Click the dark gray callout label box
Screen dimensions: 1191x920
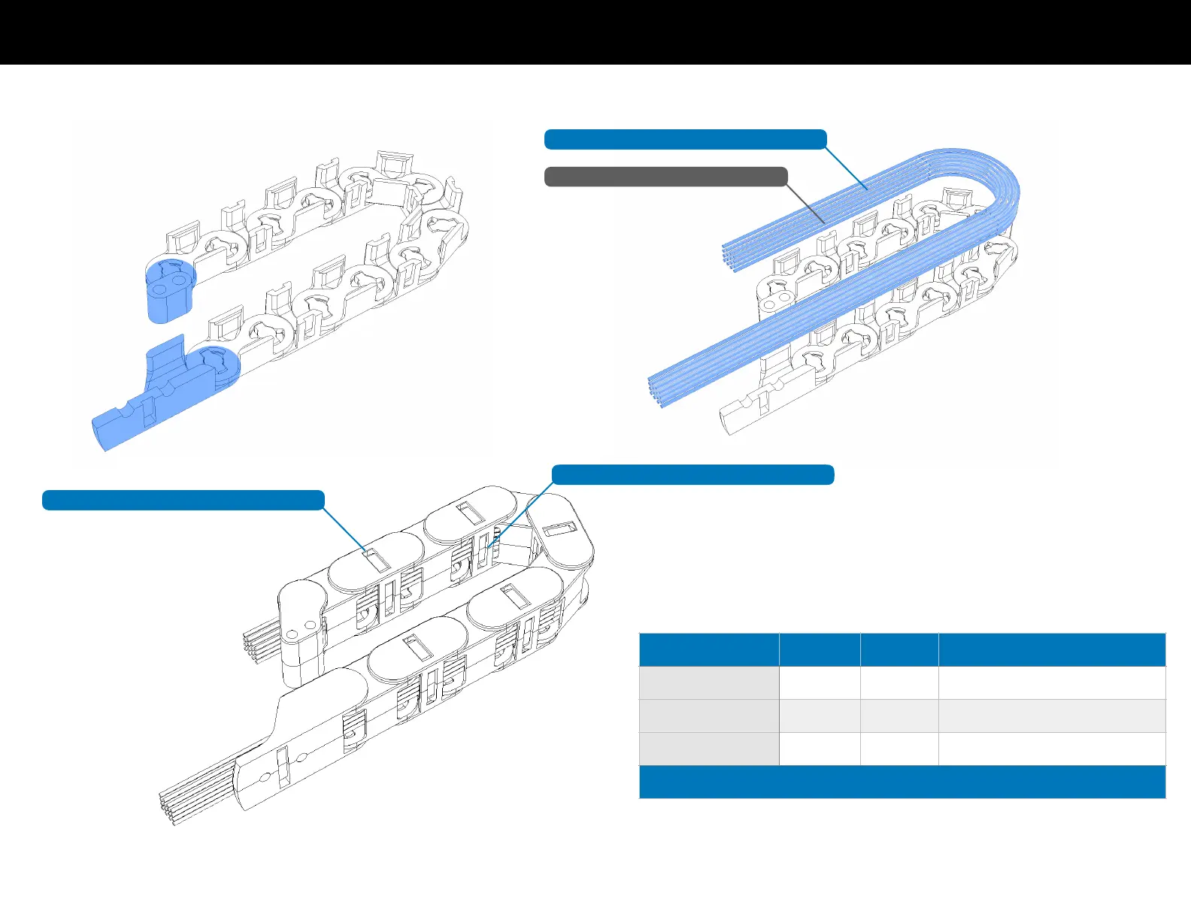coord(665,177)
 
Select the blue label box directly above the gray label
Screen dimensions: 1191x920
coord(685,139)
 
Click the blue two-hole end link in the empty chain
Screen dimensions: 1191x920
coord(169,289)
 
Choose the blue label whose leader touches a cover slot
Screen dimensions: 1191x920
coord(183,500)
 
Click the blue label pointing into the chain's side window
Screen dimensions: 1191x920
coord(692,474)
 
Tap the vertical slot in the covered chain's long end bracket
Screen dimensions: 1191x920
coord(283,766)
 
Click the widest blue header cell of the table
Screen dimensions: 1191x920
coord(1052,649)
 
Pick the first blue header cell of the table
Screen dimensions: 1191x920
coord(708,649)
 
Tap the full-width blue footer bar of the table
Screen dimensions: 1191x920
coord(902,782)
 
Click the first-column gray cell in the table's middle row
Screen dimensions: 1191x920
coord(708,716)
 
